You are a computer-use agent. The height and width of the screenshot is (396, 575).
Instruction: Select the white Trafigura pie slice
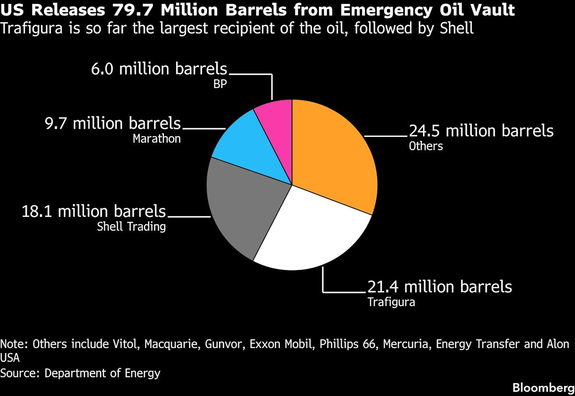[312, 230]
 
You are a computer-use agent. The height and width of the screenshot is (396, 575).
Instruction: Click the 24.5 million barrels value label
[481, 131]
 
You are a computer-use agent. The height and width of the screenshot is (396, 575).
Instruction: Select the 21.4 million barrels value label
[439, 287]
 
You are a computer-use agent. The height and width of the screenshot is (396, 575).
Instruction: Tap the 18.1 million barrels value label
[94, 211]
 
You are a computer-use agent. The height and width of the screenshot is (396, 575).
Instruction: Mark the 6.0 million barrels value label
[159, 69]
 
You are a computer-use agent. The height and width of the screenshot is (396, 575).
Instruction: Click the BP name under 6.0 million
[220, 84]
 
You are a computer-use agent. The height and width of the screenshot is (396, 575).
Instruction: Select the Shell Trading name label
[131, 226]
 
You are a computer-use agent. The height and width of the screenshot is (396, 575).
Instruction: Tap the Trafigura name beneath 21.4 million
[391, 302]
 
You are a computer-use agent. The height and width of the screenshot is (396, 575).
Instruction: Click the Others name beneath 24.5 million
[425, 146]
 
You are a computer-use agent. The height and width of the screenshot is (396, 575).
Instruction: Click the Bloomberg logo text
[542, 387]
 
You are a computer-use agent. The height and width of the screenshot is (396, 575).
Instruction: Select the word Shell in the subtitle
[457, 28]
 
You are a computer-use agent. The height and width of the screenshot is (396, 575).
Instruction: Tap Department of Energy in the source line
[103, 373]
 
